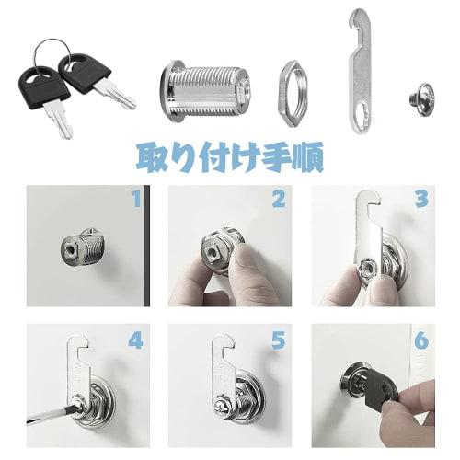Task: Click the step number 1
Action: [x=136, y=199]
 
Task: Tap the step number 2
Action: [x=278, y=199]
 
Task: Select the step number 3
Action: [x=421, y=199]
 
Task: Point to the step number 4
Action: [x=136, y=340]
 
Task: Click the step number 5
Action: [x=278, y=340]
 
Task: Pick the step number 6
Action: [x=421, y=340]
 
